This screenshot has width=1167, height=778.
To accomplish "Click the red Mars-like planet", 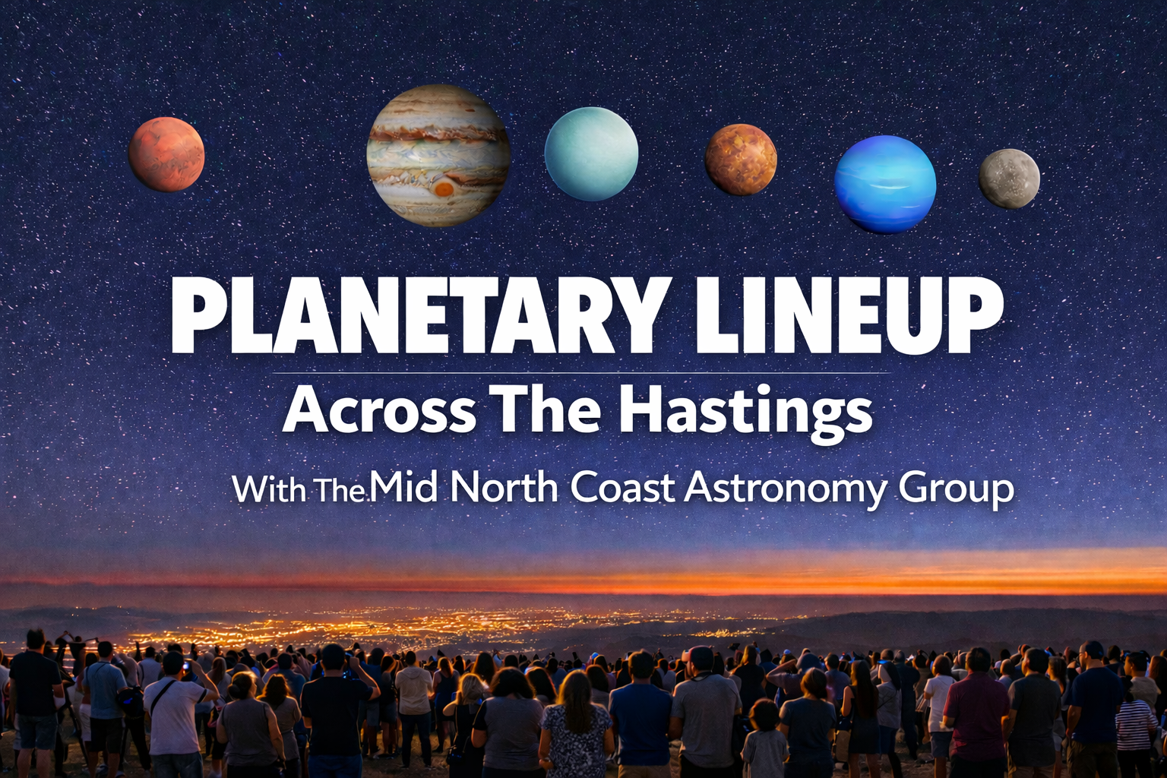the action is click(x=166, y=154).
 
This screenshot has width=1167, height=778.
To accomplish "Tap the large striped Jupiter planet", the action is click(x=438, y=155).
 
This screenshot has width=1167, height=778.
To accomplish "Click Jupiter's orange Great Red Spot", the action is click(x=444, y=188).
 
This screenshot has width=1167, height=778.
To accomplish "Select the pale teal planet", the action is click(x=591, y=155).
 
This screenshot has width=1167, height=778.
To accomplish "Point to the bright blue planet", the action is click(x=885, y=184).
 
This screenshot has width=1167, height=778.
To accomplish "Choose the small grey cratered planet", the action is click(x=1009, y=179).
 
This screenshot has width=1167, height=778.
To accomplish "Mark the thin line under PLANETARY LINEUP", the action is click(x=580, y=374).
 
